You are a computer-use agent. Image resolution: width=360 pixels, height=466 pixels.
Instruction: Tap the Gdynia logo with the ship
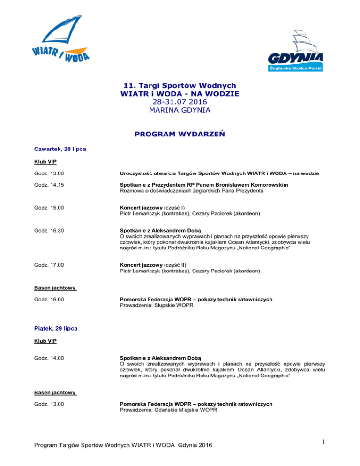296,52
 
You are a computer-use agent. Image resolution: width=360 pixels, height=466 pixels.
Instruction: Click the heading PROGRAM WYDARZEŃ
180,135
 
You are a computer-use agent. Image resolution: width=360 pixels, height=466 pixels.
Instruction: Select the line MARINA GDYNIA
180,111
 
